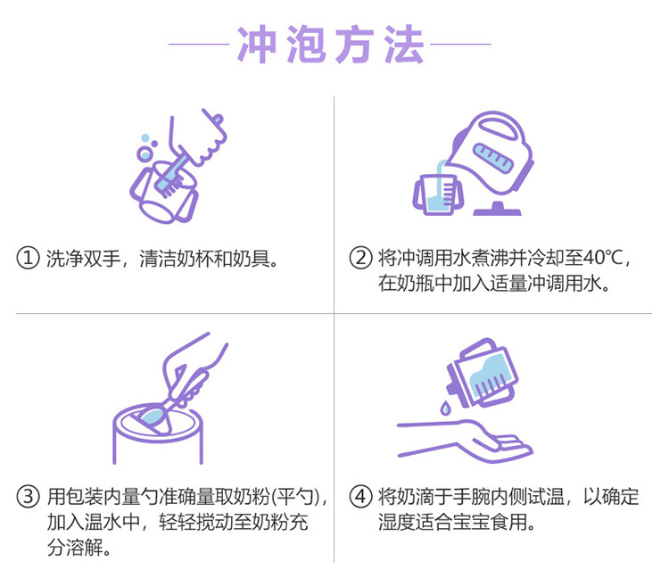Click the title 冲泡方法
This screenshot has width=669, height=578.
coord(330,44)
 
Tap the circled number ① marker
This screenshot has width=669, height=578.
coord(28,258)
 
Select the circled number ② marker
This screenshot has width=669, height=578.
coord(360,258)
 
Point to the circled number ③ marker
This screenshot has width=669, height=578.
coord(28,497)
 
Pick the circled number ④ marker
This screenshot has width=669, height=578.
coord(360,497)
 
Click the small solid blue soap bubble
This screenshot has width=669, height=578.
coord(145,137)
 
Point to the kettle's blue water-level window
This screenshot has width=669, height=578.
coord(493,157)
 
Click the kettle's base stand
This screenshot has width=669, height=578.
coord(498,209)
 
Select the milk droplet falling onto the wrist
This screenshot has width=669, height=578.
coord(445,408)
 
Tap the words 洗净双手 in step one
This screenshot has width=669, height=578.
coord(83,258)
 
